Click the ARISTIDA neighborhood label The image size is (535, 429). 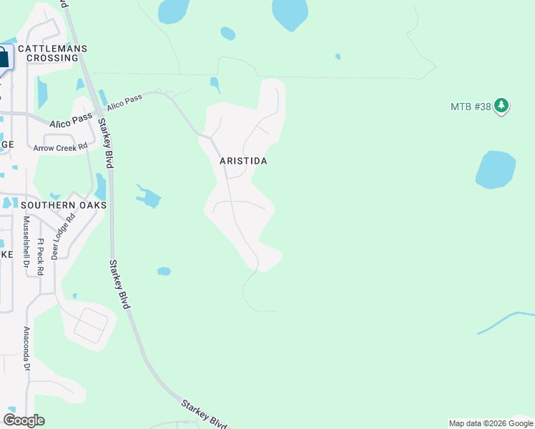click(x=243, y=161)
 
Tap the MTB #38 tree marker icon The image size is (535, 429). click(x=501, y=106)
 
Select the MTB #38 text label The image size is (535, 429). click(x=471, y=107)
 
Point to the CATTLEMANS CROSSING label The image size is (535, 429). click(x=52, y=53)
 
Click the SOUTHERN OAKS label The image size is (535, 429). click(x=64, y=205)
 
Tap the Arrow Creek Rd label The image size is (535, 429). click(x=60, y=147)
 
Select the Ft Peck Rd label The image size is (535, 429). click(x=41, y=248)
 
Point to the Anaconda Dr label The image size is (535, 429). click(x=26, y=349)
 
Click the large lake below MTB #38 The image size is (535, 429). click(x=495, y=169)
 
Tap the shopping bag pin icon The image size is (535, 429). click(x=4, y=59)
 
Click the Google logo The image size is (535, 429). click(x=24, y=420)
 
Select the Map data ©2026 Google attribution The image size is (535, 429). click(x=491, y=423)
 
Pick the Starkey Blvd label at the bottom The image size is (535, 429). click(x=204, y=413)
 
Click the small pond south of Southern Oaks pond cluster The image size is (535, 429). click(x=164, y=271)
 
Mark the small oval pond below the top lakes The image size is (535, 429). click(x=227, y=33)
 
